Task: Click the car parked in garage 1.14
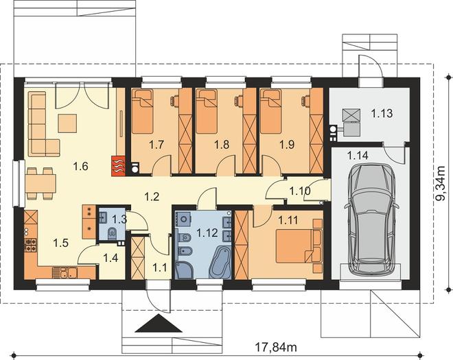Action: (371, 219)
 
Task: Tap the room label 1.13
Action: (382, 113)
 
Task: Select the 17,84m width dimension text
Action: (276, 347)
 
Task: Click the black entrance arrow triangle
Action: (159, 324)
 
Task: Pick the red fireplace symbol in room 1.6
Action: (117, 165)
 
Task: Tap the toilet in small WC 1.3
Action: (112, 233)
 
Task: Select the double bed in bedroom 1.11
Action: (295, 245)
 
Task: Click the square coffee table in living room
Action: (67, 123)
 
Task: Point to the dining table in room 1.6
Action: (40, 184)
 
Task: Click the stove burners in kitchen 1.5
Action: (31, 245)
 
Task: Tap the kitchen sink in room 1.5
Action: (65, 273)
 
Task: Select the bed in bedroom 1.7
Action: (142, 111)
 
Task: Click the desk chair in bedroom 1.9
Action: (305, 100)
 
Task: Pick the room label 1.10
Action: (300, 191)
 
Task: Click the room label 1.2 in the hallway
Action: (152, 196)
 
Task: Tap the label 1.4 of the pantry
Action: (111, 258)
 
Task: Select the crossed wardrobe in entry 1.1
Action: (137, 258)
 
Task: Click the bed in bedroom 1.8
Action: (207, 111)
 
